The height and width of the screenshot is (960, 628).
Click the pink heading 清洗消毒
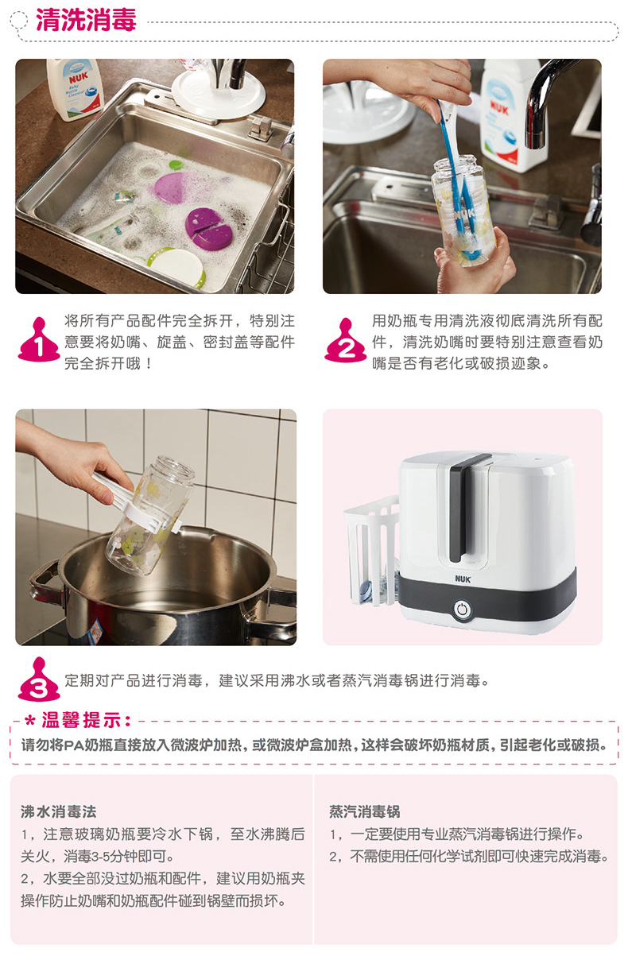(x=86, y=20)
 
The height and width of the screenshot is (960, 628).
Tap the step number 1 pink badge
(x=39, y=340)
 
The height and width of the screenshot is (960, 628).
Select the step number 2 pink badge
(x=346, y=340)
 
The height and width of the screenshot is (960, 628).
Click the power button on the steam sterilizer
(x=462, y=609)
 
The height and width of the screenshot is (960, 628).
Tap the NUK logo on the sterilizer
(x=463, y=579)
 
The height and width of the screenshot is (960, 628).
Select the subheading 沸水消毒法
(x=59, y=811)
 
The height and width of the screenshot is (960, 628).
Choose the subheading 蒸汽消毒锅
(x=364, y=811)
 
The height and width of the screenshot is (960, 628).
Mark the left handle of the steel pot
(x=45, y=585)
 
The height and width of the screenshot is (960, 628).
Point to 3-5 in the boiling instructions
(x=100, y=856)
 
